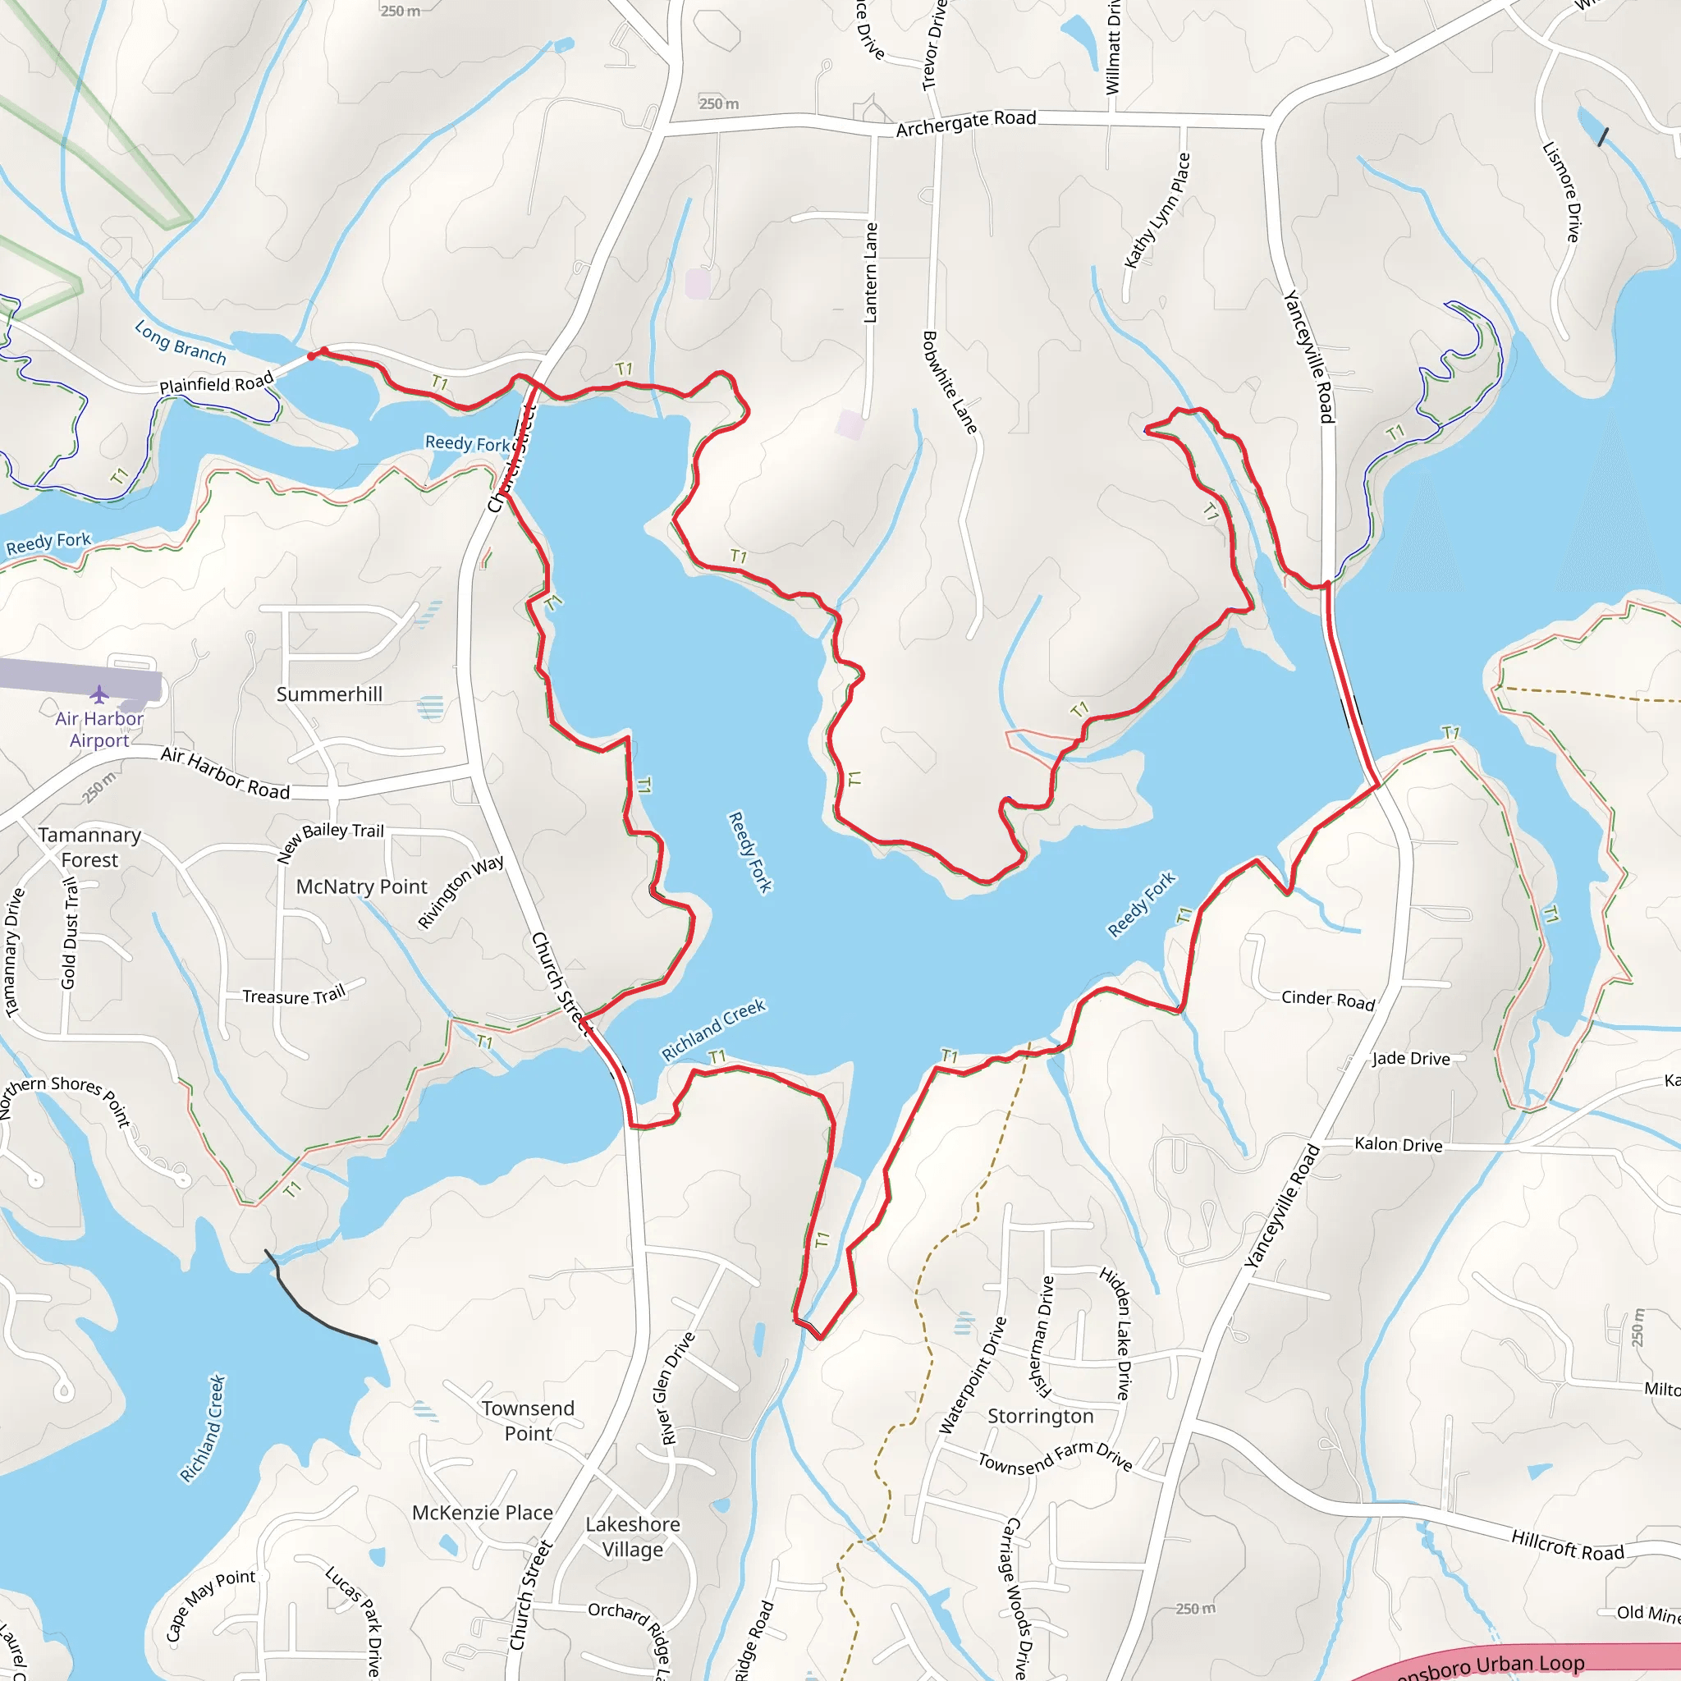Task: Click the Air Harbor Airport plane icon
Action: pos(99,694)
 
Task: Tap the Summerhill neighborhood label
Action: pos(329,694)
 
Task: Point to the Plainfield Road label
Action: pos(216,382)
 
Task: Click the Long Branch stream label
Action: pos(180,342)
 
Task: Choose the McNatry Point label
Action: pos(362,886)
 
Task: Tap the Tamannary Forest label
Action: pos(89,846)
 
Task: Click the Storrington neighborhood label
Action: pos(1041,1416)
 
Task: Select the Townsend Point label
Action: pos(528,1420)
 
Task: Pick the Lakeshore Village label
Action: pos(633,1537)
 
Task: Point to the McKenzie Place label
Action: pos(482,1513)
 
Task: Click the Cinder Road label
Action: pos(1328,1000)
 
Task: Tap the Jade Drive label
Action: pos(1411,1058)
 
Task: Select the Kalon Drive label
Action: pos(1398,1144)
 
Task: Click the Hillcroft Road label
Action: pos(1567,1546)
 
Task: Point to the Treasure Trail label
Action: pos(293,996)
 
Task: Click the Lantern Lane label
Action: pos(870,273)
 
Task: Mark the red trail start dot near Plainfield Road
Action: pos(311,356)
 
